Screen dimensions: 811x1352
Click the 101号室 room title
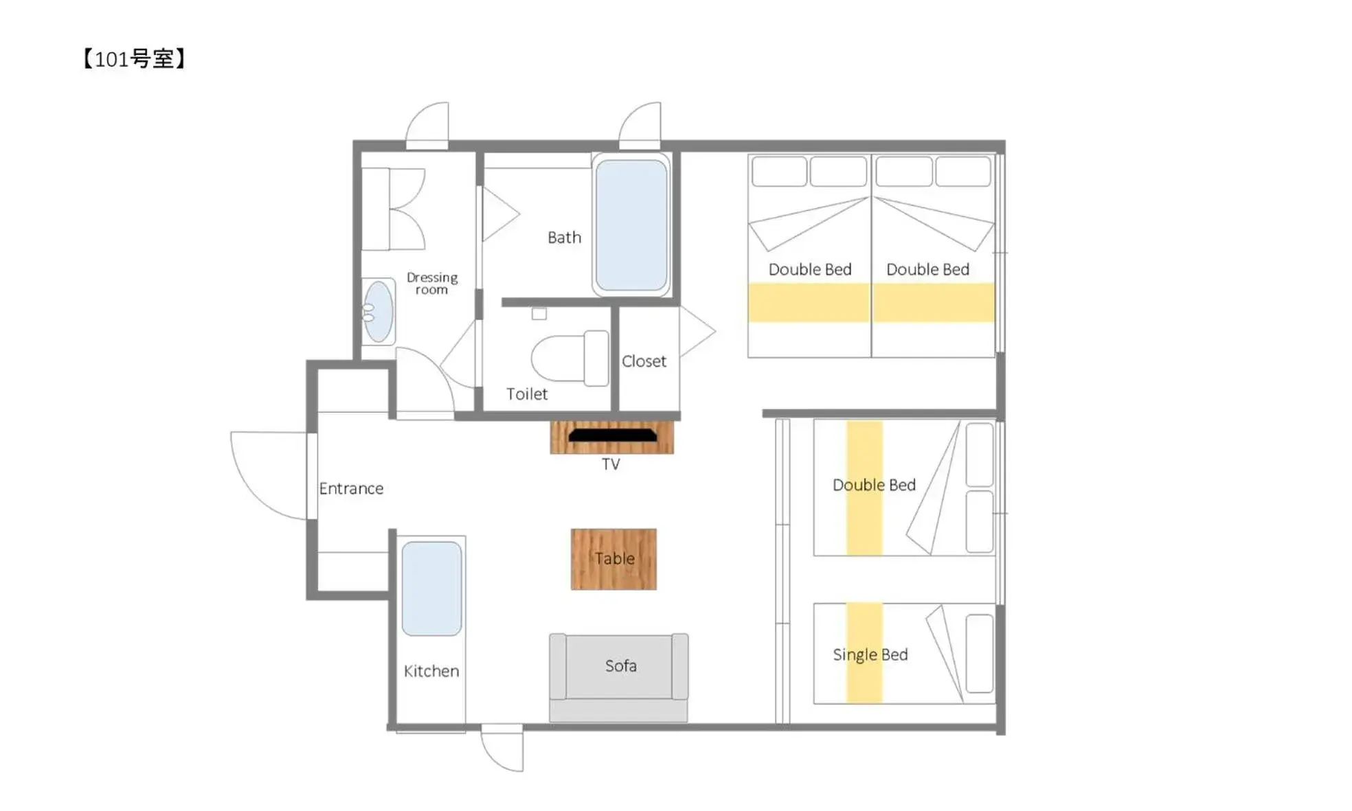134,59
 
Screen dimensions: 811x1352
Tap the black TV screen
612,435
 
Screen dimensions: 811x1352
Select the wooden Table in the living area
613,559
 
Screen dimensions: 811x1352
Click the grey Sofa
619,666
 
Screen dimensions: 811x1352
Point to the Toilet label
527,394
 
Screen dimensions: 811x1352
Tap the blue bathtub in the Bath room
631,225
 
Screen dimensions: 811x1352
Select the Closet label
644,361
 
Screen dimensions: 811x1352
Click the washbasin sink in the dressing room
378,312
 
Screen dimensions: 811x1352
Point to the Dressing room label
431,283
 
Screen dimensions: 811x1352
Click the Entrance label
351,488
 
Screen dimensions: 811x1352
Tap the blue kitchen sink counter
431,589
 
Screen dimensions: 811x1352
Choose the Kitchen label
431,671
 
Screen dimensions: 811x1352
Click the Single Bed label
870,654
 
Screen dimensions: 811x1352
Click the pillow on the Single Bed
979,653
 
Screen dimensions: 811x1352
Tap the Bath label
564,238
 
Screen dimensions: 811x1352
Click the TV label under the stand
610,464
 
